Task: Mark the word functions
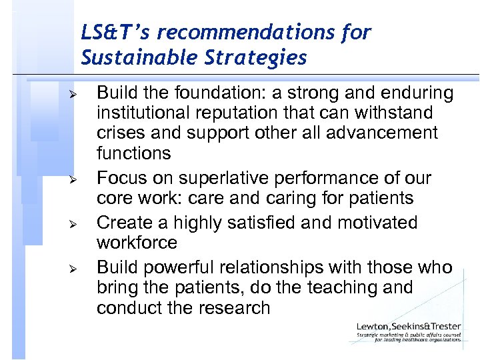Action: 133,153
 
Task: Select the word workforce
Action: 137,242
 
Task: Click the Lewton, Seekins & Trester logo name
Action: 408,327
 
